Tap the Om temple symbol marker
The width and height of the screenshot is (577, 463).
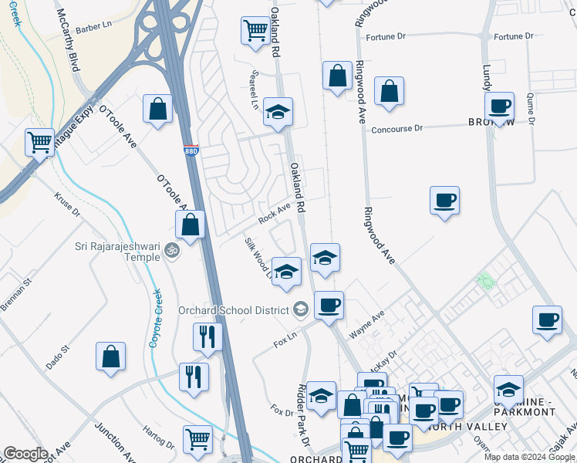click(x=172, y=251)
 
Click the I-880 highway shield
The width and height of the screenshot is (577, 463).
click(x=191, y=151)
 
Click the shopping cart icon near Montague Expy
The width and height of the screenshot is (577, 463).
click(x=39, y=142)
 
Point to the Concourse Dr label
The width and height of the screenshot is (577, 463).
click(x=397, y=130)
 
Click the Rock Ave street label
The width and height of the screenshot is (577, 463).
click(x=274, y=214)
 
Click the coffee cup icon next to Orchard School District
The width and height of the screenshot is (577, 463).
click(x=329, y=306)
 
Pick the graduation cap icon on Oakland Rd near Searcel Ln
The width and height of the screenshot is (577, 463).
click(x=278, y=112)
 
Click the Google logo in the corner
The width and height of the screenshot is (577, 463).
click(x=25, y=454)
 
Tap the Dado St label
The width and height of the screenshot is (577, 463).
click(x=59, y=357)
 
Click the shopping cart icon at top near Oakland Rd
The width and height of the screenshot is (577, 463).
click(x=255, y=31)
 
